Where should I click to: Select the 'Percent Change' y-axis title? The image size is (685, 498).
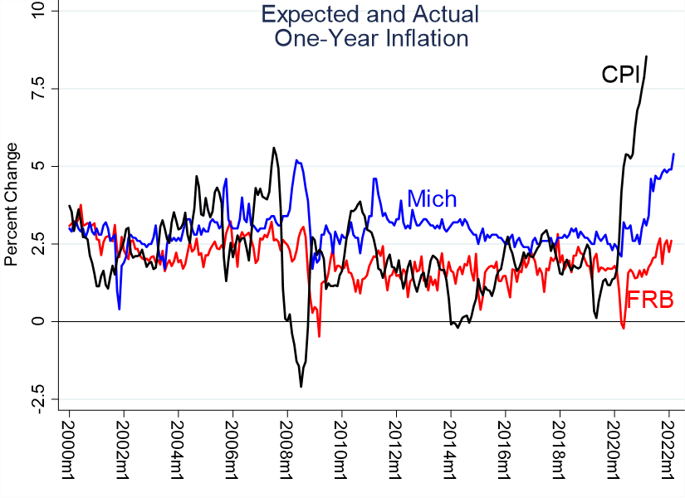tap(12, 204)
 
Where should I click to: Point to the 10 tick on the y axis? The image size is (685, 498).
tap(42, 11)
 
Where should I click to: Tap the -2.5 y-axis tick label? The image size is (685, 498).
tap(42, 398)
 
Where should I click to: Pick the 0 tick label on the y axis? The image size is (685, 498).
tap(42, 321)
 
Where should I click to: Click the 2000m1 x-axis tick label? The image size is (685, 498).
tap(69, 447)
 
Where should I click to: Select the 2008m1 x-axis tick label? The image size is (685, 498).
tap(287, 447)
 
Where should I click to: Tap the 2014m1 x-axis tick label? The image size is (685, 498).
tap(451, 447)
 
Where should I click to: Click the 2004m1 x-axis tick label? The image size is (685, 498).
tap(178, 447)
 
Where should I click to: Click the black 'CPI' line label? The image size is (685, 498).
tap(620, 76)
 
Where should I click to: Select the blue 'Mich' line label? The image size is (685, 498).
tap(431, 199)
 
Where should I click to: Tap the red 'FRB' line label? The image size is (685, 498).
tap(649, 300)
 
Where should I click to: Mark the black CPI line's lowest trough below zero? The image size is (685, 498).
tap(301, 387)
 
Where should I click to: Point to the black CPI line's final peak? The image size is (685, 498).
tap(647, 56)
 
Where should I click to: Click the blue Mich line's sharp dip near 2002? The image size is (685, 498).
tap(120, 309)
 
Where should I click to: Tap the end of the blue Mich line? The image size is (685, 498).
tap(673, 154)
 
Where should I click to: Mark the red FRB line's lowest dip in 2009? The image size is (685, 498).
tap(319, 336)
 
